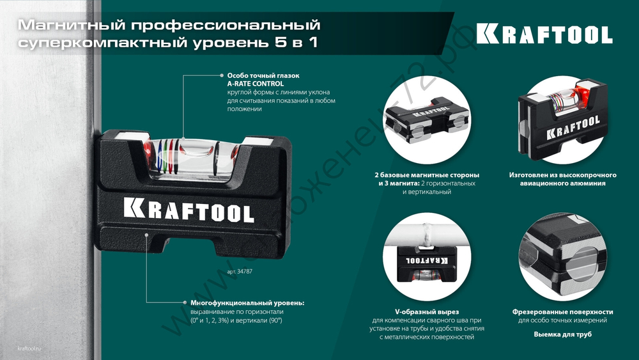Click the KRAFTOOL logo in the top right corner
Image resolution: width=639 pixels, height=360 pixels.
[x=544, y=34]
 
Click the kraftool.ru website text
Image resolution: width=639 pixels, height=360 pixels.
[x=29, y=348]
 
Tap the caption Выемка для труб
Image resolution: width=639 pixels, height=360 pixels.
[x=562, y=334]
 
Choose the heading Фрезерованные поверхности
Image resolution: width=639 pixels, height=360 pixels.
[x=562, y=311]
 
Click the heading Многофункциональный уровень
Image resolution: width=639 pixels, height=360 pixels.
[x=247, y=302]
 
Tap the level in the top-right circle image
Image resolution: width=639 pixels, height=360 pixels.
[x=562, y=118]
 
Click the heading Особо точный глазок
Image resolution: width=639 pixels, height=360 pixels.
[x=263, y=75]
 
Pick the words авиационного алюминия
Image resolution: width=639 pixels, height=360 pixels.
[x=562, y=183]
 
